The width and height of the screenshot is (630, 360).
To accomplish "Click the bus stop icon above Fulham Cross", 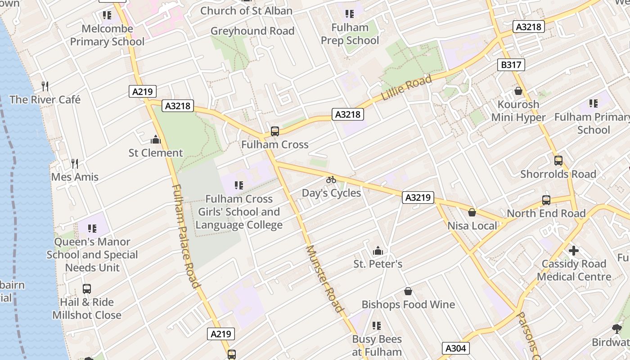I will point(274,131).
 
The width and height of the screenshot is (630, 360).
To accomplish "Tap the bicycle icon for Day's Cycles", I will point(331,180).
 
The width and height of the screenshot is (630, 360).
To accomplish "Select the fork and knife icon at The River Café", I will point(45,86).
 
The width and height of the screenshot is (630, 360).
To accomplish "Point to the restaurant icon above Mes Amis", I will point(75,163).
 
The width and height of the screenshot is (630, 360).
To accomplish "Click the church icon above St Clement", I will point(156,139).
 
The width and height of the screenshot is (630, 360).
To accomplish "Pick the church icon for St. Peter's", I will point(378,250).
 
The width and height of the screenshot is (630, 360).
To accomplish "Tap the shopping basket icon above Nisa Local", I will point(472,212).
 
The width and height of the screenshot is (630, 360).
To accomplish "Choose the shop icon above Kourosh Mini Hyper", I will point(518,91).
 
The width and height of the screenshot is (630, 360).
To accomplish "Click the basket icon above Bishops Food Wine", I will point(408,291).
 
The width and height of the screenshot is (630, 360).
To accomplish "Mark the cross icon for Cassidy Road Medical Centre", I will point(574,250).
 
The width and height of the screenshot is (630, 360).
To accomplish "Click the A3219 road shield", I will point(418,197).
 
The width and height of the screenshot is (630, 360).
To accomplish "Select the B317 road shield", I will point(511,65).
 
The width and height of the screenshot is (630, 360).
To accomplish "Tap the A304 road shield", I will point(456,348).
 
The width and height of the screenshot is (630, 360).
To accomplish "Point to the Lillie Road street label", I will point(406,88).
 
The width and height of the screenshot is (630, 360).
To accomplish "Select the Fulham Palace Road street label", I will point(185,236).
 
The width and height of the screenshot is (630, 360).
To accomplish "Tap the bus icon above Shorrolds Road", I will point(558,160).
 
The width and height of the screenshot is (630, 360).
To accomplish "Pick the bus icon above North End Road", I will point(546,200).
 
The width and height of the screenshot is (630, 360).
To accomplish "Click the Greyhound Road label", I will point(252,31).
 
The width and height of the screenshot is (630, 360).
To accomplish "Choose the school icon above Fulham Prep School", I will point(350,14).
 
